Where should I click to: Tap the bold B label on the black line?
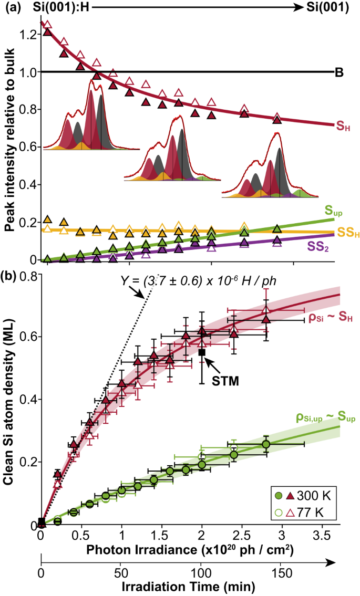pyautogui.click(x=339, y=72)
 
